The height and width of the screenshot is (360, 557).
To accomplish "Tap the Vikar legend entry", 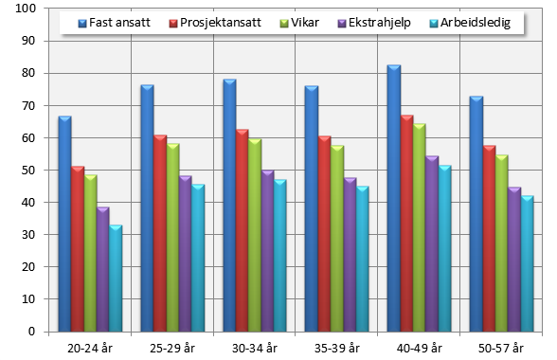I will click(x=303, y=22).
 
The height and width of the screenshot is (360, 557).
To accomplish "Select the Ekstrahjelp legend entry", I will click(x=376, y=22).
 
